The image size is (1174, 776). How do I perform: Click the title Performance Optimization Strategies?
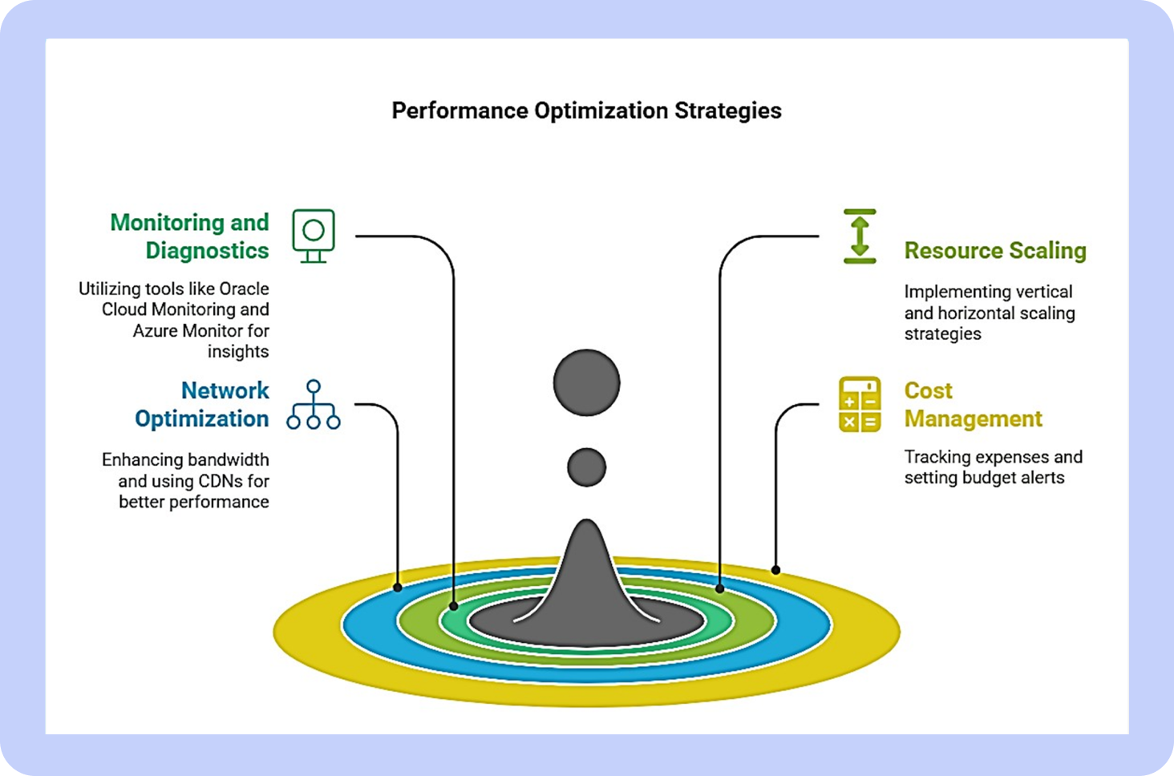pyautogui.click(x=586, y=111)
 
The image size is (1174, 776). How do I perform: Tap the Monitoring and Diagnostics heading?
pyautogui.click(x=190, y=236)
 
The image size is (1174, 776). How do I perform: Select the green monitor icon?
pyautogui.click(x=314, y=236)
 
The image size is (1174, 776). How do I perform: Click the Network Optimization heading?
pyautogui.click(x=202, y=405)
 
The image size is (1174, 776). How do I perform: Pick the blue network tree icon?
pyautogui.click(x=314, y=405)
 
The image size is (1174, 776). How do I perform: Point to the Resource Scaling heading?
pyautogui.click(x=995, y=250)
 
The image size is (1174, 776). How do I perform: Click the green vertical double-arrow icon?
pyautogui.click(x=860, y=236)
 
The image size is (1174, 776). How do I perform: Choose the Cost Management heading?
pyautogui.click(x=974, y=405)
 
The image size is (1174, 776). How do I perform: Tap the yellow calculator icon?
pyautogui.click(x=860, y=405)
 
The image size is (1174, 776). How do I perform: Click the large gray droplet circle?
pyautogui.click(x=586, y=382)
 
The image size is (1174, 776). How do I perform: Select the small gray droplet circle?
pyautogui.click(x=586, y=467)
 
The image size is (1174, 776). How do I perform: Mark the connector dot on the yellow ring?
pyautogui.click(x=775, y=570)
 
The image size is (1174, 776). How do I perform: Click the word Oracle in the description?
pyautogui.click(x=244, y=289)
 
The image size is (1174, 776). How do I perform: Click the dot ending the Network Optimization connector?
pyautogui.click(x=398, y=588)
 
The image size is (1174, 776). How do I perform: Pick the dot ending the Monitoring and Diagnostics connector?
pyautogui.click(x=454, y=606)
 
